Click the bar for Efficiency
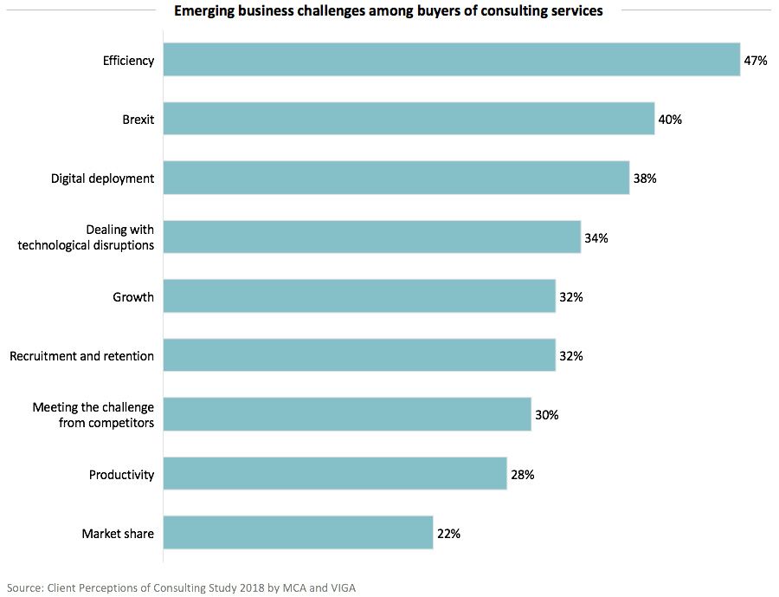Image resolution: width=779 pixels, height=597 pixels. [x=451, y=60]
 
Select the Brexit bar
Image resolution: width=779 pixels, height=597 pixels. [x=409, y=119]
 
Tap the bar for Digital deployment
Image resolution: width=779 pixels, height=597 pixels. [x=396, y=178]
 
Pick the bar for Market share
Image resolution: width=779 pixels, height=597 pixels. [x=298, y=533]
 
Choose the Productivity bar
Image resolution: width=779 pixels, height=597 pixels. [x=334, y=474]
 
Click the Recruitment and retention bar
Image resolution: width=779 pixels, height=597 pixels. [x=359, y=355]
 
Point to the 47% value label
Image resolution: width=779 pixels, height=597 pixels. [x=756, y=61]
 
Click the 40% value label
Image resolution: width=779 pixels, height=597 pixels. [x=670, y=120]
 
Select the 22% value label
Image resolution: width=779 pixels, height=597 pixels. [x=448, y=534]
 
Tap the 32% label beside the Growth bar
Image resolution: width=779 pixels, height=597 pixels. [x=571, y=297]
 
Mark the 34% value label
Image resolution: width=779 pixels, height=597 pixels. [x=596, y=237]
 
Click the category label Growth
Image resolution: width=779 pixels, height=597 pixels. [x=133, y=297]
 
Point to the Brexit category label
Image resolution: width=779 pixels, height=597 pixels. [x=138, y=120]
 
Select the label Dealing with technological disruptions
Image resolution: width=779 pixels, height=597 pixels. [x=85, y=237]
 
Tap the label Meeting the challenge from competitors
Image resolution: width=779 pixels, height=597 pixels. [x=93, y=415]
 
